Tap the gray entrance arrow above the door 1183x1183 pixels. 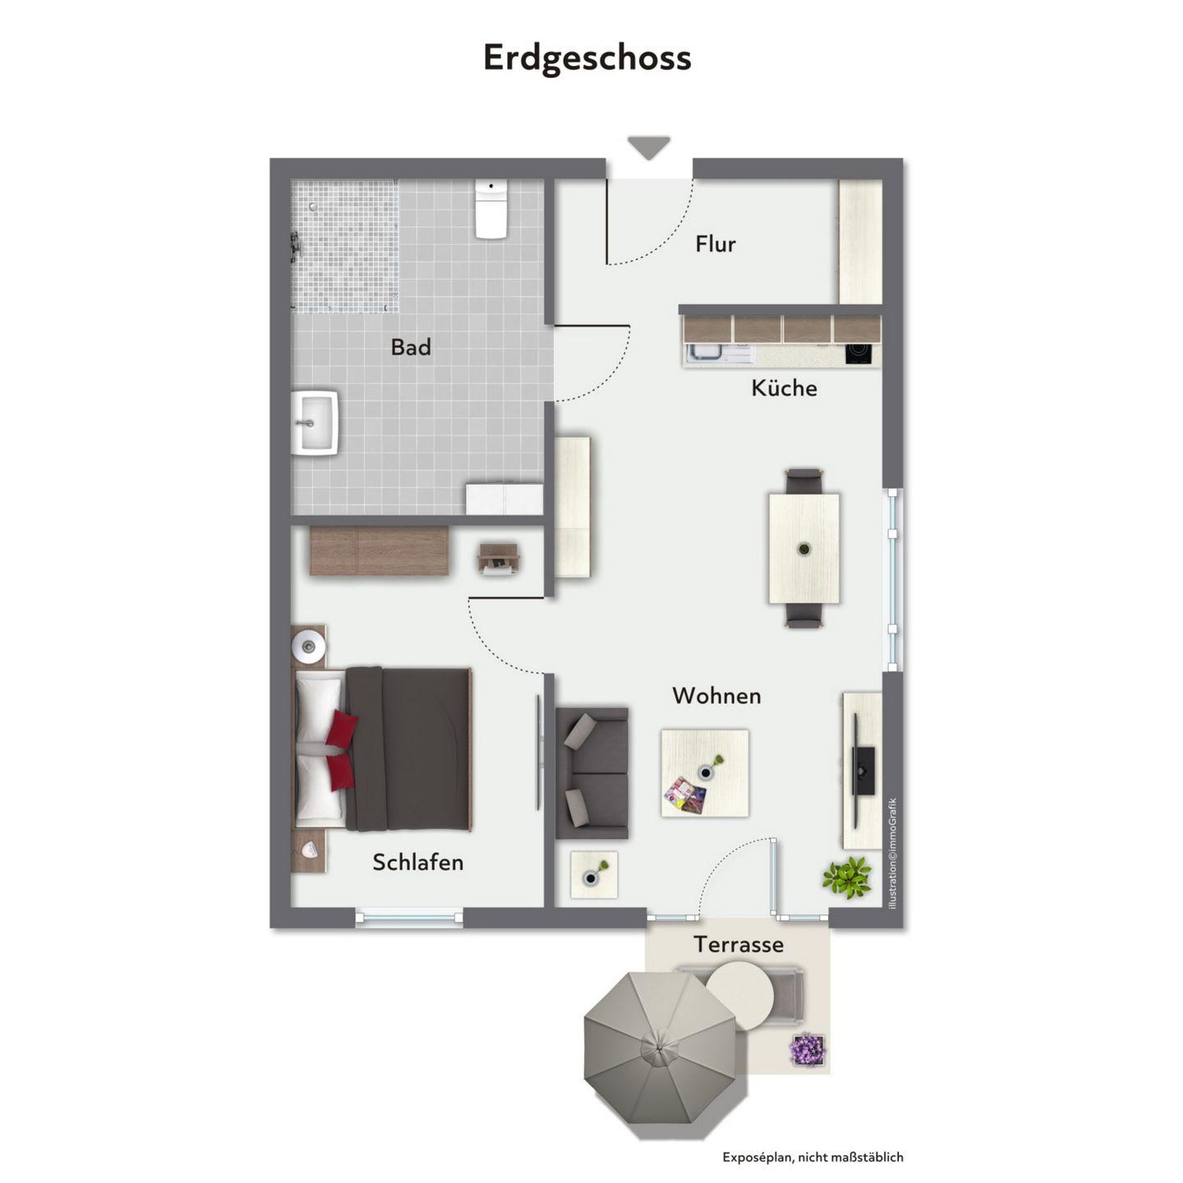pyautogui.click(x=648, y=147)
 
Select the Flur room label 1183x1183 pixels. pyautogui.click(x=716, y=244)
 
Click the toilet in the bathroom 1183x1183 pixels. pyautogui.click(x=491, y=208)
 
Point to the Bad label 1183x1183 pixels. pyautogui.click(x=411, y=347)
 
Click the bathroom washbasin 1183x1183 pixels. pyautogui.click(x=315, y=422)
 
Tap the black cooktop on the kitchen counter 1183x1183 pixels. pyautogui.click(x=858, y=353)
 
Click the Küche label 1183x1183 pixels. pyautogui.click(x=784, y=388)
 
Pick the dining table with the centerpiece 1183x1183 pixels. pyautogui.click(x=803, y=548)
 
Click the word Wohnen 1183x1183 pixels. pyautogui.click(x=716, y=696)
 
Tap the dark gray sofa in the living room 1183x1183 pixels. pyautogui.click(x=591, y=773)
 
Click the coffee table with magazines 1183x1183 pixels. pyautogui.click(x=705, y=773)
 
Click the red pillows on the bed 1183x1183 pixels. pyautogui.click(x=340, y=750)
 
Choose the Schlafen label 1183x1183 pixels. pyautogui.click(x=417, y=862)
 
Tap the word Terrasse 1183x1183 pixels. pyautogui.click(x=739, y=944)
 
